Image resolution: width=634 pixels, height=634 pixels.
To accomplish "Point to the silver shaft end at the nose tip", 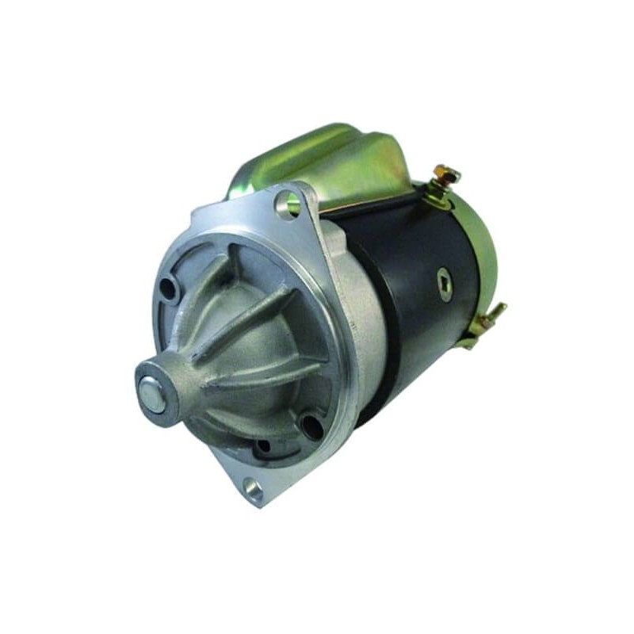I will tap(151, 394).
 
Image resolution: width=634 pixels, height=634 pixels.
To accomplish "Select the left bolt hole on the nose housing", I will tap(169, 291).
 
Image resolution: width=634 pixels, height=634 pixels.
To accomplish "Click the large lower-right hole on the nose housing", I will tap(312, 428).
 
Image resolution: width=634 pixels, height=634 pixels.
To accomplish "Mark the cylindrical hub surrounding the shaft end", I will tap(162, 388).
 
